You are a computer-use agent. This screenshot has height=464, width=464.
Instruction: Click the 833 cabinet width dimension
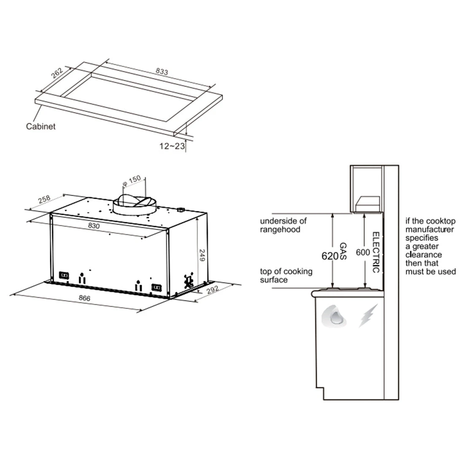162,72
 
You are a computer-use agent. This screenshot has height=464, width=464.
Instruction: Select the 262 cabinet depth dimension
57,73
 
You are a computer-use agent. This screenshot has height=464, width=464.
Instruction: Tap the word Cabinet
41,126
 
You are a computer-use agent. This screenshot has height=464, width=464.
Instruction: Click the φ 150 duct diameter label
131,182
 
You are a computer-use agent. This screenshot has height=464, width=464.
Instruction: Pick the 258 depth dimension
44,200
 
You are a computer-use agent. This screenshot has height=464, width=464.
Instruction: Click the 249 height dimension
203,255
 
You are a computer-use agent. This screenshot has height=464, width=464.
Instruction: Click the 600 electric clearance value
363,252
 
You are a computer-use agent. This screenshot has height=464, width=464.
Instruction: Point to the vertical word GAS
343,251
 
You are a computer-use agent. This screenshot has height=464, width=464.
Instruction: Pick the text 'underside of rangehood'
283,225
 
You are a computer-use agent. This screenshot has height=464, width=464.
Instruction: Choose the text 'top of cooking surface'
286,275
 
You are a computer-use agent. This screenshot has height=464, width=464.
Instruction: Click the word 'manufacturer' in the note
429,229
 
